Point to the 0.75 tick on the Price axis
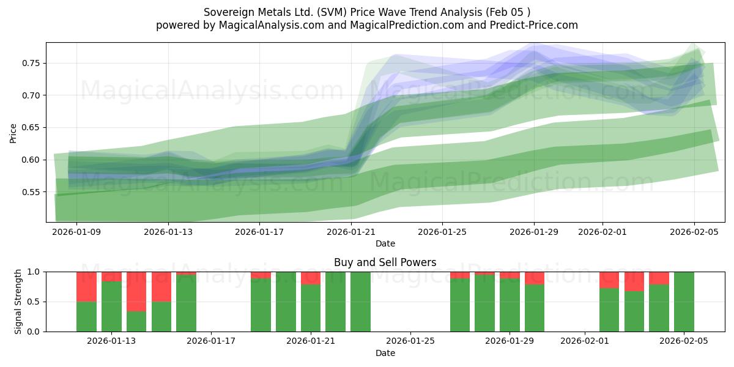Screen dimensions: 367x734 [31, 63]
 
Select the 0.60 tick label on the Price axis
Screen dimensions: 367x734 [31, 160]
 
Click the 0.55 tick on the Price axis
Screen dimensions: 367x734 [31, 192]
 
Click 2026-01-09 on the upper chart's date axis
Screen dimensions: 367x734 [77, 232]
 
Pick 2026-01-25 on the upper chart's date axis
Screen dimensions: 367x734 [443, 232]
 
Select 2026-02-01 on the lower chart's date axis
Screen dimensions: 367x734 [584, 341]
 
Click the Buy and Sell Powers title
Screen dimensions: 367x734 [385, 262]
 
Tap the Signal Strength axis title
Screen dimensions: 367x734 [18, 301]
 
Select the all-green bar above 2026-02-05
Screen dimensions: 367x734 [684, 302]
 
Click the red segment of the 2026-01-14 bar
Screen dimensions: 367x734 [136, 291]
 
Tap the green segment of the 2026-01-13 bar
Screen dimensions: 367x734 [111, 306]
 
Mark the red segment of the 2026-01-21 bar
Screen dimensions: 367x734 [311, 278]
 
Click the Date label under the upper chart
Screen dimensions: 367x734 [385, 243]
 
